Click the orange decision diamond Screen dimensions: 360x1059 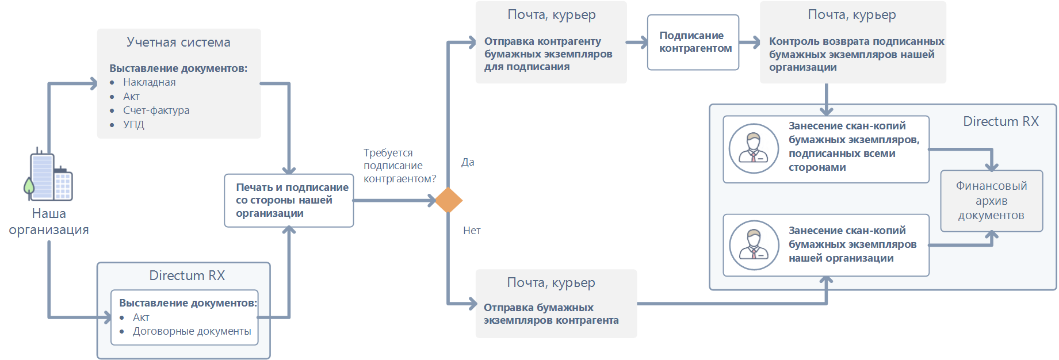(x=448, y=201)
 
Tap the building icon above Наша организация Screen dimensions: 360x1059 (x=50, y=175)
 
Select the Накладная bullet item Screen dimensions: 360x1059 (x=149, y=82)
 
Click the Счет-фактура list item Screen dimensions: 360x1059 (x=156, y=110)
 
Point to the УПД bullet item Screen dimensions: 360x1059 (x=133, y=124)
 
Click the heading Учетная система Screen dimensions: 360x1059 (x=178, y=43)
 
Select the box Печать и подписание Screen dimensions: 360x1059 (x=289, y=200)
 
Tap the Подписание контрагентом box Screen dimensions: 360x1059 (x=693, y=43)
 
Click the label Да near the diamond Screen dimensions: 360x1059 (x=468, y=162)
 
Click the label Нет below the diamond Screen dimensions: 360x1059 (x=472, y=231)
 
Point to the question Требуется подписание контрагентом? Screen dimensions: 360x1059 (x=399, y=166)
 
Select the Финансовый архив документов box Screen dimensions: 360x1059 (x=991, y=201)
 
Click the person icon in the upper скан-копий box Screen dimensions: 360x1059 (x=754, y=148)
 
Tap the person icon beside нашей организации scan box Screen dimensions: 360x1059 (x=754, y=245)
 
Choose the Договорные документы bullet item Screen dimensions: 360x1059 (x=192, y=331)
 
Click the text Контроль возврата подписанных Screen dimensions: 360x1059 (x=856, y=41)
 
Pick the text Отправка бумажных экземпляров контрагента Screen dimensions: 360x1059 (x=550, y=314)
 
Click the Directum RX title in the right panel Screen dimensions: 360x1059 (x=1000, y=122)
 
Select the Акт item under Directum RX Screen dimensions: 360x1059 (x=141, y=317)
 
